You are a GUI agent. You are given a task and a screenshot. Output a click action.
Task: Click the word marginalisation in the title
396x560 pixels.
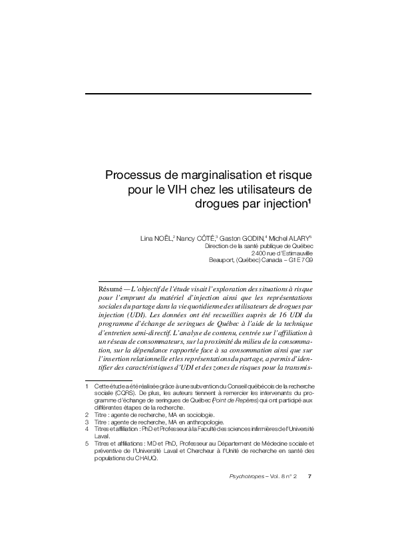click(217, 176)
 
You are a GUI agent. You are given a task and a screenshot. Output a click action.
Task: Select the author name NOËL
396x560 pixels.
click(162, 237)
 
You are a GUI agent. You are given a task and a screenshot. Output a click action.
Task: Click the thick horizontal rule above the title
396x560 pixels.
click(199, 94)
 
